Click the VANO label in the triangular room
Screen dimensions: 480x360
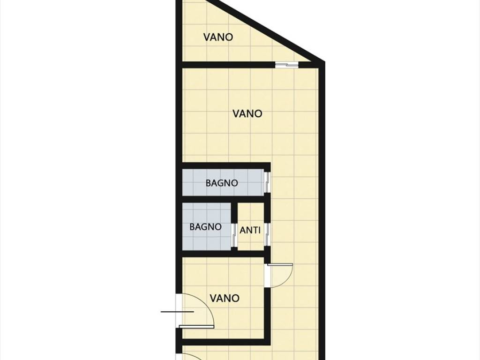(218, 37)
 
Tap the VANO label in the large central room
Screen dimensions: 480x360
(247, 113)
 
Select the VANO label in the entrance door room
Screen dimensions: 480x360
(225, 298)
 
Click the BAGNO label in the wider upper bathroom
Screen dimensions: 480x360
(222, 183)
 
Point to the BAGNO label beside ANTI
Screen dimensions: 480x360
(205, 227)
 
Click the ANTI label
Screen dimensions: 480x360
(250, 230)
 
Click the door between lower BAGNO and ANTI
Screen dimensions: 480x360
(234, 235)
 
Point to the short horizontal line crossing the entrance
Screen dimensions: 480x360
(177, 312)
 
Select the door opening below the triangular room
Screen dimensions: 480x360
(286, 65)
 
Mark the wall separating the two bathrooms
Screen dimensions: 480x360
(224, 200)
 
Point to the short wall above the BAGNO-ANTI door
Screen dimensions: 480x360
(234, 213)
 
